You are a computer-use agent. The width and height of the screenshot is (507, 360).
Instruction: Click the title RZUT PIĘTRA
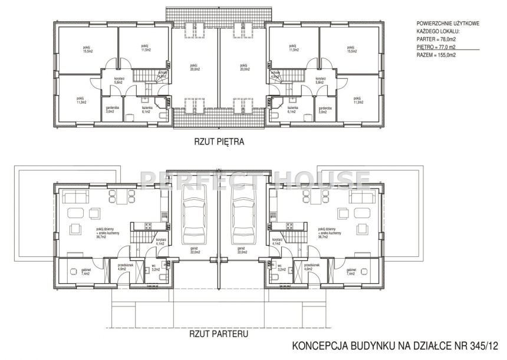219,141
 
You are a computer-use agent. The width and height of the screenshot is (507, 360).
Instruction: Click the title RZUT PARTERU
219,333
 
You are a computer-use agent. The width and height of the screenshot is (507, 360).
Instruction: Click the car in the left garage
194,212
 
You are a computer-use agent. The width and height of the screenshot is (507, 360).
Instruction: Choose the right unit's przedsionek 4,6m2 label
311,267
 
